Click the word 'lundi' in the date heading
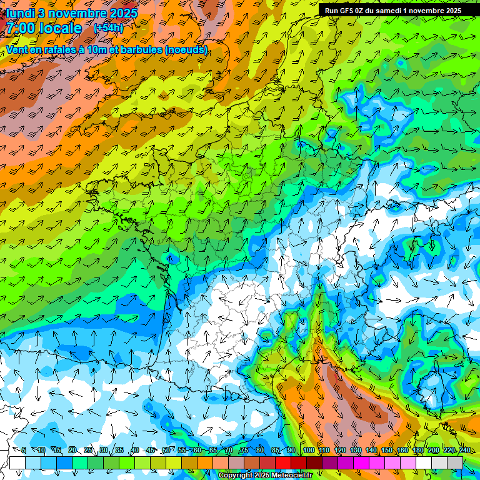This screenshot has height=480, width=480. coord(22,12)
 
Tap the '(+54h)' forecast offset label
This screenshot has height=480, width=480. coord(107,28)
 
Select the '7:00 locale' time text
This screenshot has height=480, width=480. coord(44,28)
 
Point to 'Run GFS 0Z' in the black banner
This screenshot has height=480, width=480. coord(346,11)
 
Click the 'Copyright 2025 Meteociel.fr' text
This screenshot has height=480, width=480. coord(265,476)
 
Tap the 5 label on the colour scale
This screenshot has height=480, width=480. coord(24,451)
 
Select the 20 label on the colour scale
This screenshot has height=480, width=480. coord(72,451)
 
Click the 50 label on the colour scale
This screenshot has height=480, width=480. coord(166,451)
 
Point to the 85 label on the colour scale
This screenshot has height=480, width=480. coord(276,451)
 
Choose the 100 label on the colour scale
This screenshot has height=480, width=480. coord(308,451)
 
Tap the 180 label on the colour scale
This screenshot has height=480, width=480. coord(418,451)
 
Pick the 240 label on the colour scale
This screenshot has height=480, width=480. coord(464,451)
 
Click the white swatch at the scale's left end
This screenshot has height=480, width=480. coord(17,462)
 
